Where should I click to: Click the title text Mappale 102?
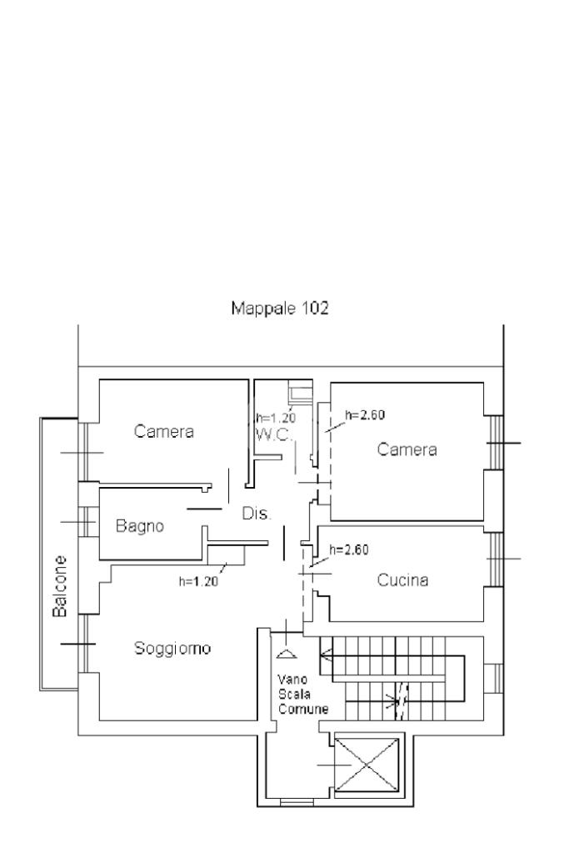click(x=279, y=309)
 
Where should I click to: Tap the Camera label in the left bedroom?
click(x=164, y=431)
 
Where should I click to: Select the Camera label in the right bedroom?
click(x=407, y=449)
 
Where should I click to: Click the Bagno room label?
click(x=140, y=526)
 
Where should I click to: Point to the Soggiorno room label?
click(x=173, y=648)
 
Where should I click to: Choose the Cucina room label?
click(x=402, y=580)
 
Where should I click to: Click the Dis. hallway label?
click(x=257, y=514)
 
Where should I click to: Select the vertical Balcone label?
click(x=60, y=586)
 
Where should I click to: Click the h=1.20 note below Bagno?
click(x=198, y=582)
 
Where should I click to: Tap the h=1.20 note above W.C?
click(x=276, y=418)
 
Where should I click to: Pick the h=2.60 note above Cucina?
click(x=348, y=549)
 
